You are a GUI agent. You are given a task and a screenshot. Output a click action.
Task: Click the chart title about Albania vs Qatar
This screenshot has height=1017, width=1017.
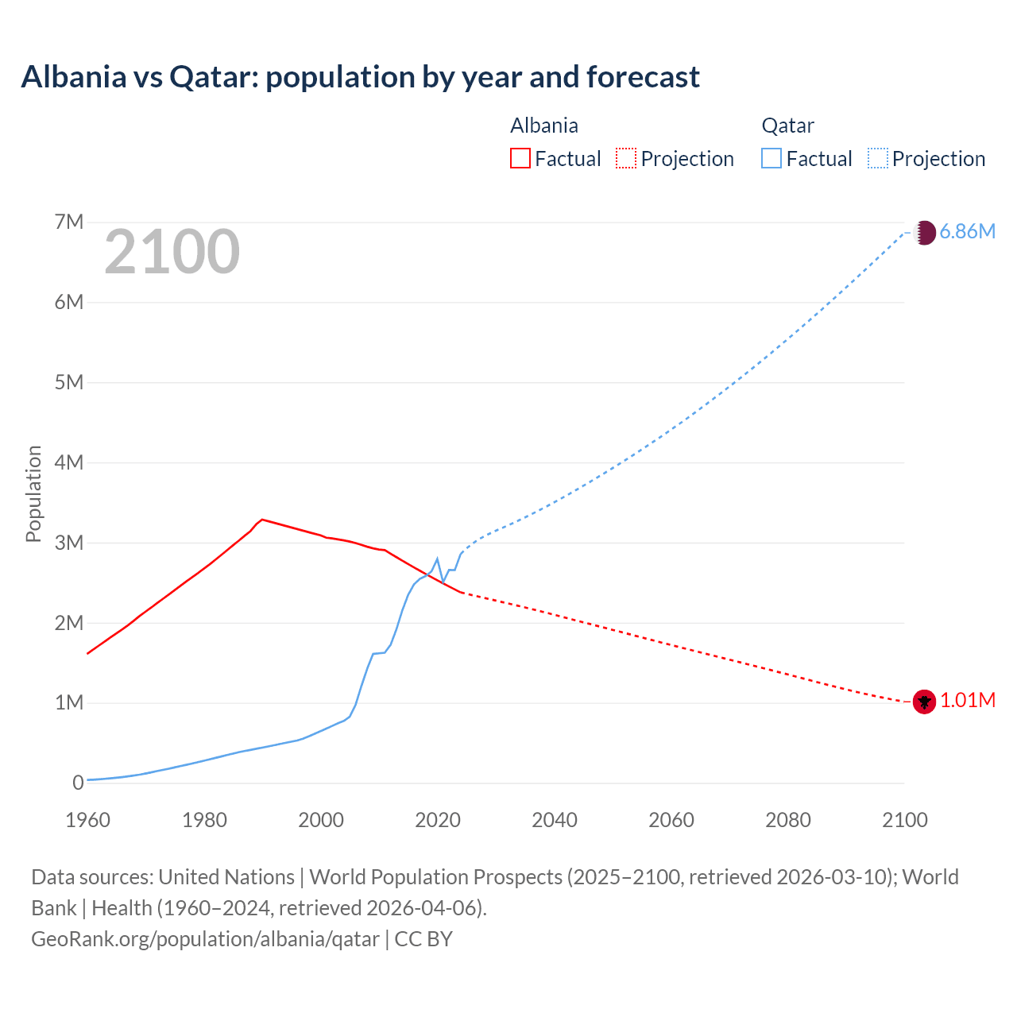pyautogui.click(x=360, y=77)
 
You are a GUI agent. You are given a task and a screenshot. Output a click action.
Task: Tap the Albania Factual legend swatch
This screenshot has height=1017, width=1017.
pyautogui.click(x=520, y=158)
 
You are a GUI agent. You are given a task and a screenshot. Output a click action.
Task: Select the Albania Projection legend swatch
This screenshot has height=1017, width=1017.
pyautogui.click(x=625, y=158)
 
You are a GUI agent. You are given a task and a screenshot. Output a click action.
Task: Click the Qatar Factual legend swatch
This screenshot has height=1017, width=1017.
pyautogui.click(x=771, y=158)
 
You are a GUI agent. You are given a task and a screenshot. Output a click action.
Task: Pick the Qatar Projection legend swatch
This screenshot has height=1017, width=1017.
pyautogui.click(x=877, y=158)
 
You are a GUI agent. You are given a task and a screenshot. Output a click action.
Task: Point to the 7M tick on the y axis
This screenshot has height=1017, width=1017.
pyautogui.click(x=69, y=222)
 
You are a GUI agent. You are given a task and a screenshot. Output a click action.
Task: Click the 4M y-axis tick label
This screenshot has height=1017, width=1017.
pyautogui.click(x=69, y=462)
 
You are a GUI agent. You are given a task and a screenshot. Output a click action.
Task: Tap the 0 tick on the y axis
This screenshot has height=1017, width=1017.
pyautogui.click(x=78, y=783)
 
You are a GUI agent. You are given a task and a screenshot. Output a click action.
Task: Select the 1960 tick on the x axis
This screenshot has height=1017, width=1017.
pyautogui.click(x=87, y=820)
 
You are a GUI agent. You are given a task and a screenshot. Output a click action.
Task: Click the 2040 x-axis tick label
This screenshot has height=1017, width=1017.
pyautogui.click(x=555, y=820)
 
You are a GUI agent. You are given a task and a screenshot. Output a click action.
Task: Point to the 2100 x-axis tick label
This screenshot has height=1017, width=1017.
pyautogui.click(x=904, y=820)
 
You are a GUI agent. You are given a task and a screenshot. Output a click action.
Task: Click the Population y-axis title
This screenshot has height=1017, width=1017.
pyautogui.click(x=33, y=493)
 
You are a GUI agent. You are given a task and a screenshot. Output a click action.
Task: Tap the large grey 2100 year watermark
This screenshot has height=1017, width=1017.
pyautogui.click(x=172, y=252)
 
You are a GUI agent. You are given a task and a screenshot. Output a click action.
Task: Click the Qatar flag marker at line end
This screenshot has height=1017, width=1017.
pyautogui.click(x=924, y=233)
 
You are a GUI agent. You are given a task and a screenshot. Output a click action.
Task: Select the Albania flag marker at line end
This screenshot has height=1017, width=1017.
pyautogui.click(x=924, y=702)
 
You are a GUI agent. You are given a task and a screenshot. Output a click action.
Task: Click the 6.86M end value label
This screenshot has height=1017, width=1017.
pyautogui.click(x=967, y=231)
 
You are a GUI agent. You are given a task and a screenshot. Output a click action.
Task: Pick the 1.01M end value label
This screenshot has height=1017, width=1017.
pyautogui.click(x=967, y=700)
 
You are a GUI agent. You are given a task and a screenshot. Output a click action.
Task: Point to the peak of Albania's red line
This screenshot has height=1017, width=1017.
pyautogui.click(x=262, y=520)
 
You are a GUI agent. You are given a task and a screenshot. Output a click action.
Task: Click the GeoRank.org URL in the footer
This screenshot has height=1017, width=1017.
pyautogui.click(x=205, y=938)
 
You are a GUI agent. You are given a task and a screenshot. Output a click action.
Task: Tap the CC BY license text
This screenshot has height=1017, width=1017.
pyautogui.click(x=423, y=938)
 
